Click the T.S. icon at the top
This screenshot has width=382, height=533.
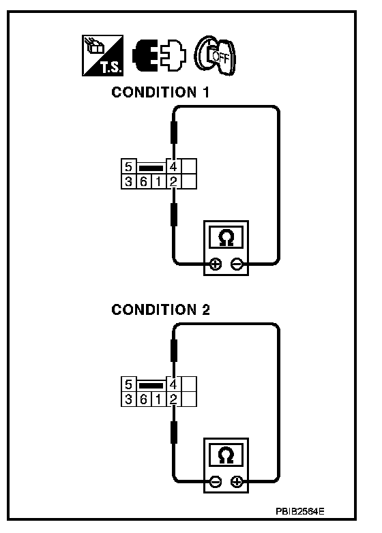(x=102, y=55)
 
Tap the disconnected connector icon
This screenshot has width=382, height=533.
(x=159, y=55)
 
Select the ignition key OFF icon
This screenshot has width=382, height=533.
(x=215, y=55)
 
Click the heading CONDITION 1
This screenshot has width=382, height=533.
(x=160, y=93)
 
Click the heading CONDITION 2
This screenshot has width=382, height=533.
(x=160, y=309)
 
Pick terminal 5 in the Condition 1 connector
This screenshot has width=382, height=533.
(x=128, y=166)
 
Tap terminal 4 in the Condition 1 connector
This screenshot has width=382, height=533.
(x=173, y=166)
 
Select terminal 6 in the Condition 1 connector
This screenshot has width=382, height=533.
(x=143, y=181)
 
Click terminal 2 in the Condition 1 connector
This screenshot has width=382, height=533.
(x=173, y=181)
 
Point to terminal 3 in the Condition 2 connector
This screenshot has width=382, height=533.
(x=128, y=399)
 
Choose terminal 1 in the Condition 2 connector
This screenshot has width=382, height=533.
(x=158, y=399)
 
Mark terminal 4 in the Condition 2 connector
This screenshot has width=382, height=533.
(x=173, y=384)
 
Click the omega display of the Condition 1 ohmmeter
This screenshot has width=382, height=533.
(x=226, y=237)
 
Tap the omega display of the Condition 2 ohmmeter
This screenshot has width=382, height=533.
(x=226, y=455)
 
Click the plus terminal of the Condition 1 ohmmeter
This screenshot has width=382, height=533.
(x=215, y=264)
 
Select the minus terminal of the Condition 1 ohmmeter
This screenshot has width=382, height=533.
(x=237, y=264)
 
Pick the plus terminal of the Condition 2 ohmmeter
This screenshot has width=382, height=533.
(x=237, y=481)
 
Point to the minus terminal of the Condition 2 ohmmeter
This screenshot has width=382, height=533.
(x=215, y=481)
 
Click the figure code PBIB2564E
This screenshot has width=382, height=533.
(x=300, y=511)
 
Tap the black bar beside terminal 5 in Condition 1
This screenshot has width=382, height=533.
(x=151, y=168)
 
